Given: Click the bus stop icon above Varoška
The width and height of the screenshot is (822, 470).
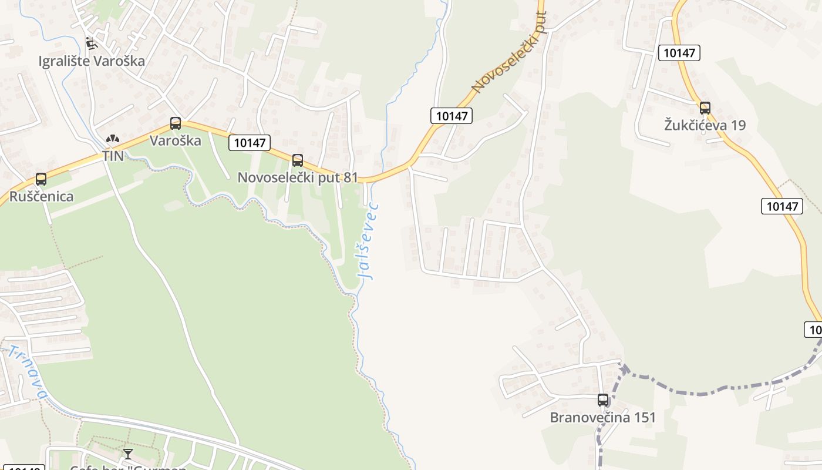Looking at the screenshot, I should click(x=176, y=123).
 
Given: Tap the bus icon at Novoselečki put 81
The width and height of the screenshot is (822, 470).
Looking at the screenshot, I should click(x=298, y=160).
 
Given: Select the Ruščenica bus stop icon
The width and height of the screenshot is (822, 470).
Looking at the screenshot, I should click(x=41, y=179).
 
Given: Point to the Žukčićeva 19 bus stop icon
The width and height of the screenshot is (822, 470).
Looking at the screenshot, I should click(x=705, y=108).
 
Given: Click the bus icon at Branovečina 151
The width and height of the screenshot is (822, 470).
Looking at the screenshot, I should click(x=603, y=400).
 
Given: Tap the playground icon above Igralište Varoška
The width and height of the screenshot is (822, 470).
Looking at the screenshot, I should click(x=91, y=43).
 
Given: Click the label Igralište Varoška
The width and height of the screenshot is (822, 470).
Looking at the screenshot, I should click(x=92, y=61).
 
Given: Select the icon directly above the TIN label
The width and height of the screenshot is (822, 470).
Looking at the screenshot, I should click(x=113, y=139).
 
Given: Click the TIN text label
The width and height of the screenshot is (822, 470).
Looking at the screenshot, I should click(x=113, y=156).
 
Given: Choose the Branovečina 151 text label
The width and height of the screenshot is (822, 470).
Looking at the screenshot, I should click(x=602, y=418).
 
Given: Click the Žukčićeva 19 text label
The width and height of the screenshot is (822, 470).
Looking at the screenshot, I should click(x=705, y=125).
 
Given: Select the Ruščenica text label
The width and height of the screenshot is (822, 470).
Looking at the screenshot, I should click(x=41, y=196).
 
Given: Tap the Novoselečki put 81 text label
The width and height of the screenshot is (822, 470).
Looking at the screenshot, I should click(x=298, y=177).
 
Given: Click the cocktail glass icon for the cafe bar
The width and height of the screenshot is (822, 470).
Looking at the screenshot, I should click(x=128, y=454).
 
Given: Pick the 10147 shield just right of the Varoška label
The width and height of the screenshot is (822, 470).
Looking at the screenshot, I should click(x=250, y=142).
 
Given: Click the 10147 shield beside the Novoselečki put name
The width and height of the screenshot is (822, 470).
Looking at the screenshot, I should click(x=452, y=116).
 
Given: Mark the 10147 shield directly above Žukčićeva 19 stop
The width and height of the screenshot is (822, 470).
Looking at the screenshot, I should click(x=679, y=53).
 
